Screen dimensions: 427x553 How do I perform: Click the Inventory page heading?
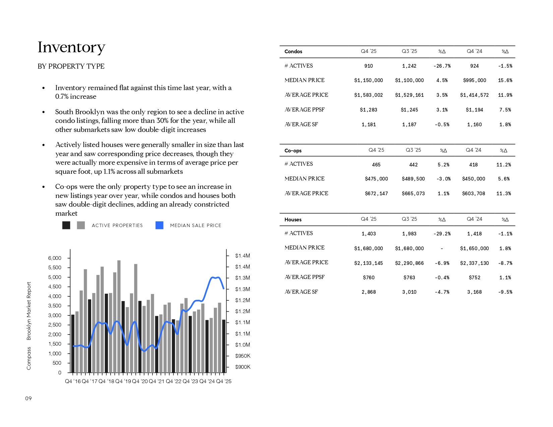pyautogui.click(x=71, y=48)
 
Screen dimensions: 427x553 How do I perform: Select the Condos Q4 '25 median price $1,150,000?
pyautogui.click(x=368, y=80)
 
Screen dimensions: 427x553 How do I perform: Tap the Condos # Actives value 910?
pyautogui.click(x=368, y=66)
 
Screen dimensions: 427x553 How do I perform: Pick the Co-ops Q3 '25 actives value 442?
pyautogui.click(x=413, y=164)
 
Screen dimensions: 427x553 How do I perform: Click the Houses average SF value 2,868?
pyautogui.click(x=368, y=292)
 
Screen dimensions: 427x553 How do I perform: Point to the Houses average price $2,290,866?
pyautogui.click(x=409, y=263)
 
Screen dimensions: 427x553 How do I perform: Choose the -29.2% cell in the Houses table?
pyautogui.click(x=442, y=234)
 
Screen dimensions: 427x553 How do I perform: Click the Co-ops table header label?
pyautogui.click(x=293, y=151)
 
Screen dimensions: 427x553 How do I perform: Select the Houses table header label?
pyautogui.click(x=293, y=220)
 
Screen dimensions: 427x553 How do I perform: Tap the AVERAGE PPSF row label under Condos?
pyautogui.click(x=304, y=110)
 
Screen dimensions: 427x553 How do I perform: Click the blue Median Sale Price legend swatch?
pyautogui.click(x=160, y=225)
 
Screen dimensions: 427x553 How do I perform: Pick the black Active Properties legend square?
pyautogui.click(x=66, y=225)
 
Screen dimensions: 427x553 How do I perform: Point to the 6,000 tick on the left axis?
pyautogui.click(x=55, y=258)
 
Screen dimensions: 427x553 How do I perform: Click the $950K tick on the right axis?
pyautogui.click(x=243, y=356)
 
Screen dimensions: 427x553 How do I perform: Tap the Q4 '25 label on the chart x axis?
pyautogui.click(x=224, y=381)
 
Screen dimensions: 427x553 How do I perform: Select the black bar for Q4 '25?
pyautogui.click(x=224, y=346)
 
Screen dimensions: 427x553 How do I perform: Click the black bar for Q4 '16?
pyautogui.click(x=73, y=344)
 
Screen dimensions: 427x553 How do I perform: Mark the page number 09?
pyautogui.click(x=28, y=399)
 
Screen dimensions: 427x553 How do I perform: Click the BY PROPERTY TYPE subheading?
pyautogui.click(x=71, y=66)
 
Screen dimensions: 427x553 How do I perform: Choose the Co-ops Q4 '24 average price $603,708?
pyautogui.click(x=473, y=194)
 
